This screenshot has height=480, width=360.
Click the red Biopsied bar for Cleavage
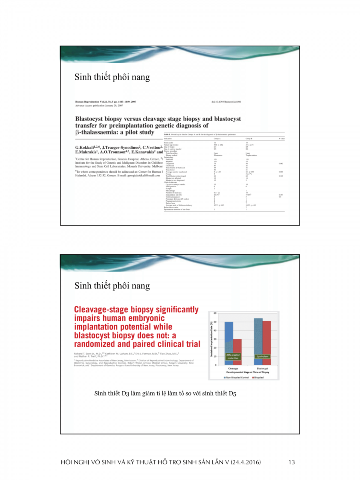point(237,352)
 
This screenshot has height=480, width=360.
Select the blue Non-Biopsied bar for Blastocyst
point(258,342)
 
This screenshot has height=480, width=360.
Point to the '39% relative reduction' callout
point(233,356)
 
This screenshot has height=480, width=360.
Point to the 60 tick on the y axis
point(215,313)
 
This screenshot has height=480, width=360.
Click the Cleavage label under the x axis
point(233,368)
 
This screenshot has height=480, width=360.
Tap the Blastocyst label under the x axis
point(262,368)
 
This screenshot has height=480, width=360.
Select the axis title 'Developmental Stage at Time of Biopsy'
point(248,372)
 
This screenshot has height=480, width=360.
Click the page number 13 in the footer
point(291,462)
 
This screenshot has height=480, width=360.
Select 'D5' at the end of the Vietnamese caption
point(232,394)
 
